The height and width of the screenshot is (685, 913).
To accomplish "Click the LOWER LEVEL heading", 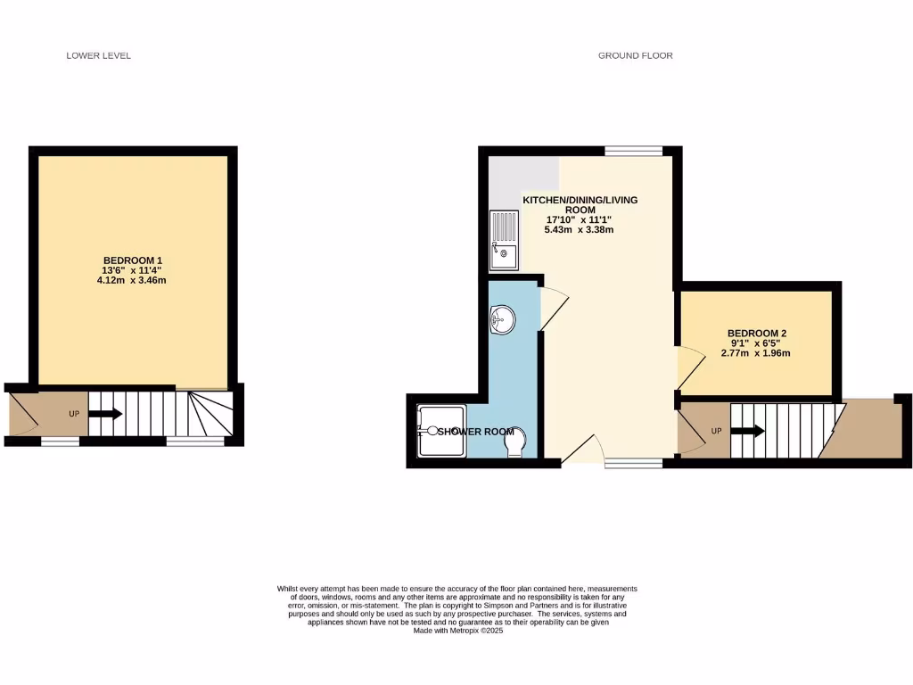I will (x=99, y=55).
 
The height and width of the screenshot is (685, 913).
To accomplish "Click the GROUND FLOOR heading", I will (x=635, y=55).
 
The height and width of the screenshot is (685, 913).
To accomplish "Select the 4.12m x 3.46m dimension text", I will (x=132, y=280).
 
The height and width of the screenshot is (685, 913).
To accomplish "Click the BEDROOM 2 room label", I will (x=756, y=334).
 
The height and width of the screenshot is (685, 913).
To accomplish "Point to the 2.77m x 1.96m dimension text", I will (x=756, y=353).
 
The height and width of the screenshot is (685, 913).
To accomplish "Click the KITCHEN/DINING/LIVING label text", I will (x=580, y=200).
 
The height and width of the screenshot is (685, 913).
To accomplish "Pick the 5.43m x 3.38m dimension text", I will (x=579, y=230).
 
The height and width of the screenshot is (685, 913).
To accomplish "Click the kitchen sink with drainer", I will (x=503, y=238).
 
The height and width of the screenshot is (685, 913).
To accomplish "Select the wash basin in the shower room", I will (x=502, y=318).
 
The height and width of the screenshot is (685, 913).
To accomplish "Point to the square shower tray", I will (x=440, y=431).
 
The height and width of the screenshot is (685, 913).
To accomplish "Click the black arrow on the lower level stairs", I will (x=106, y=414).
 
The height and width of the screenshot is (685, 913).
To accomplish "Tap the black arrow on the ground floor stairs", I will (x=748, y=432).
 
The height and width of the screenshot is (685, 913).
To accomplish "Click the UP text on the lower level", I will (x=75, y=414).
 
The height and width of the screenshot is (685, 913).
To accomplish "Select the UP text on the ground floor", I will (x=715, y=432).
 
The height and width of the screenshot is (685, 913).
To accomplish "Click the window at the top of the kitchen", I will (x=633, y=151).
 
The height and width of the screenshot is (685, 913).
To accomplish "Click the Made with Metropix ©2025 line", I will (x=458, y=631).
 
